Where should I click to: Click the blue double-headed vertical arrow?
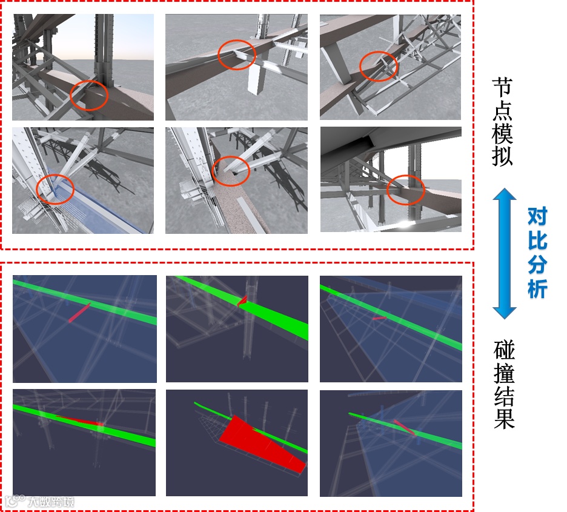pyautogui.click(x=504, y=253)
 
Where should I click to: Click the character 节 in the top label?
pyautogui.click(x=502, y=87)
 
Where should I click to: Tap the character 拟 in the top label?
pyautogui.click(x=502, y=156)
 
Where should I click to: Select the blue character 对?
pyautogui.click(x=537, y=216)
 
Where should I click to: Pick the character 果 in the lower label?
pyautogui.click(x=504, y=418)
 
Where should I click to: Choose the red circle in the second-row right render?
pyautogui.click(x=405, y=190)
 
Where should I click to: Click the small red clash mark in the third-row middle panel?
pyautogui.click(x=243, y=300)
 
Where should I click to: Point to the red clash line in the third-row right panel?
pyautogui.click(x=379, y=318)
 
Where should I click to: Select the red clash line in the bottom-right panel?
pyautogui.click(x=404, y=427)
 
